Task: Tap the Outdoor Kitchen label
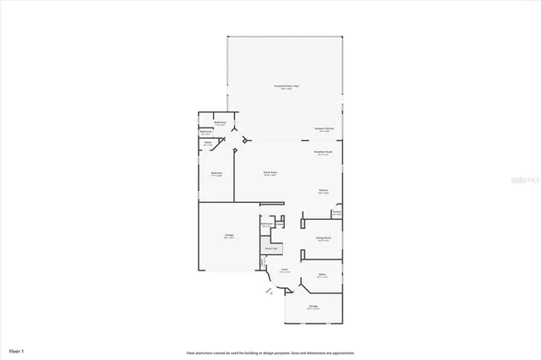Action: [325, 128]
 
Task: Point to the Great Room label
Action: [270, 172]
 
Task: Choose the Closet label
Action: [208, 144]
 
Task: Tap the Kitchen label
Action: [323, 191]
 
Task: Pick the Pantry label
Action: [336, 212]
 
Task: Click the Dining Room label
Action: [323, 239]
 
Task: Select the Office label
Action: [322, 275]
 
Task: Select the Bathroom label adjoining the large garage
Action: [266, 225]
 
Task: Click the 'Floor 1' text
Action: [17, 349]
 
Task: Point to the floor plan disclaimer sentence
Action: [270, 352]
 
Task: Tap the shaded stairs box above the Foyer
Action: [270, 248]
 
